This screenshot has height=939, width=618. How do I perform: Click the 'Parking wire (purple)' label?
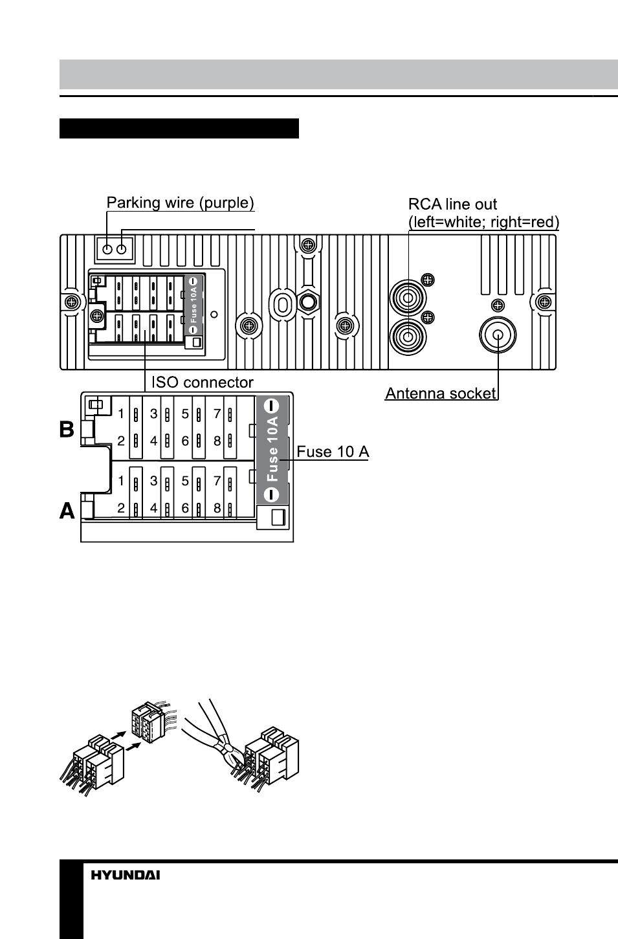181,203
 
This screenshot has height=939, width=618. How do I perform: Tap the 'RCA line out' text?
452,204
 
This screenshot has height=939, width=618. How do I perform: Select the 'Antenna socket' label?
441,393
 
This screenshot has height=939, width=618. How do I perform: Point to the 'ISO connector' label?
202,382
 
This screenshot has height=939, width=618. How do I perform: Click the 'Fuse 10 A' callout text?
333,452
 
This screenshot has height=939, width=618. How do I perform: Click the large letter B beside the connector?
67,429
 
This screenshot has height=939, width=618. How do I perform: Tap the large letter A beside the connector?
67,511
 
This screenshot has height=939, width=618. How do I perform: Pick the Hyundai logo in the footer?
126,875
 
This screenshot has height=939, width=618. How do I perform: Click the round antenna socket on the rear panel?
498,335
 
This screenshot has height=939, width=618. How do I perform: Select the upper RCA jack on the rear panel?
408,298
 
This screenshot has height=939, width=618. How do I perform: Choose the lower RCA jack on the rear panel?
408,337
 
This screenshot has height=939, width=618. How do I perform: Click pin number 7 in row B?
217,414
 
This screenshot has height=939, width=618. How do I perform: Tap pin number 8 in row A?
217,507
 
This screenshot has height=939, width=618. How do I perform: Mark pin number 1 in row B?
121,414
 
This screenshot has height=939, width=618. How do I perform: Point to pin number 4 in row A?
153,507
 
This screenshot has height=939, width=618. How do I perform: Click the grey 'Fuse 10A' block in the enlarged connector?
272,450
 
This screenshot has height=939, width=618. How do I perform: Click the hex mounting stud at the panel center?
308,302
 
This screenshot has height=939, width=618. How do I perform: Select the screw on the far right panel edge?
544,302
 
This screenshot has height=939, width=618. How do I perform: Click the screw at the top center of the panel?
308,245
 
